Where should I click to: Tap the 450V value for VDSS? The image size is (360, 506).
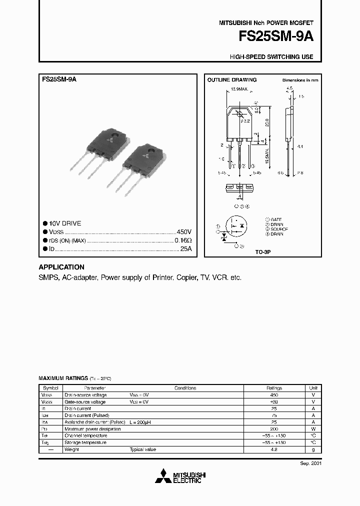point(184,232)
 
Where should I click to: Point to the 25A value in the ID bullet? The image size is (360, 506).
point(186,248)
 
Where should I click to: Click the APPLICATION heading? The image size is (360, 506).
point(61,267)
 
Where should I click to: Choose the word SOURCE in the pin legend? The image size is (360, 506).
point(279,229)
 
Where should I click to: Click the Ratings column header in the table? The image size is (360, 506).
point(274,388)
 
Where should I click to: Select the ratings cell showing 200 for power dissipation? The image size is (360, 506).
point(274,428)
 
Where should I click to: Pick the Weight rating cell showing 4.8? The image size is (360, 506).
point(274,449)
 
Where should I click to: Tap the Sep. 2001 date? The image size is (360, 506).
point(310,463)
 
